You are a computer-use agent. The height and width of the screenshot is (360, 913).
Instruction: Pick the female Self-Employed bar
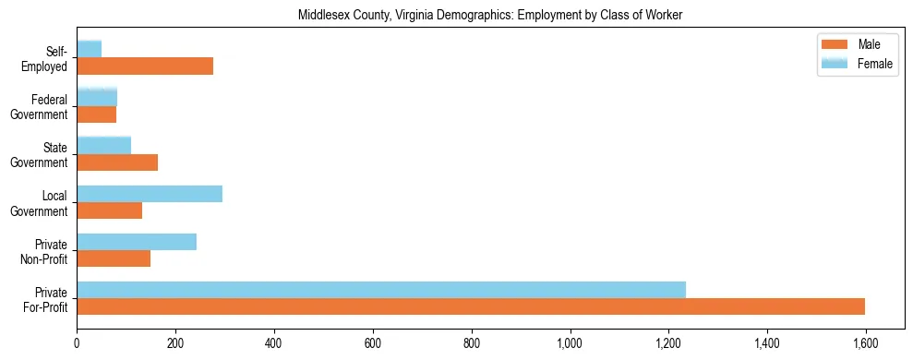tap(89, 49)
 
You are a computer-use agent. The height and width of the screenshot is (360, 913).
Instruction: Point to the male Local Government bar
tap(109, 210)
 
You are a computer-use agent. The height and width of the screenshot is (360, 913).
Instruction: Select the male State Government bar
tap(117, 162)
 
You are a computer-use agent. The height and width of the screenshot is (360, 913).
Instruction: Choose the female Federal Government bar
tap(97, 97)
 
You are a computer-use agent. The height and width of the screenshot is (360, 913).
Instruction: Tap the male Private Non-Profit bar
tap(114, 258)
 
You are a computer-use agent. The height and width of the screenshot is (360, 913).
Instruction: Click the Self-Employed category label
tap(48, 58)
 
